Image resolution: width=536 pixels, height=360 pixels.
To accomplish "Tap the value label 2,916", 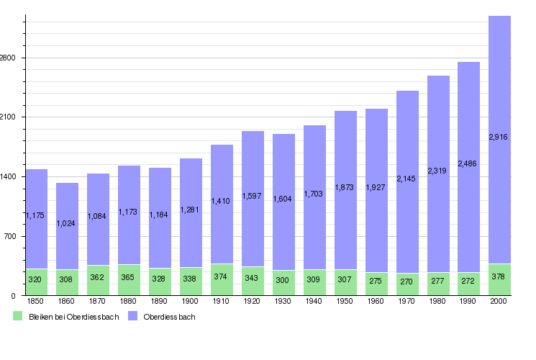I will [499, 137].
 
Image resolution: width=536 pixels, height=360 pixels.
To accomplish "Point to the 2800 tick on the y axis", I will [9, 58].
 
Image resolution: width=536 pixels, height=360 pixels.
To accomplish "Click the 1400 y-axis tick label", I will [9, 176].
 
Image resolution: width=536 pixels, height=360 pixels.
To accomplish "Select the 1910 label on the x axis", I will [222, 301].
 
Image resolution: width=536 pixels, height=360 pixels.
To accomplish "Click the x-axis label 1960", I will [376, 301].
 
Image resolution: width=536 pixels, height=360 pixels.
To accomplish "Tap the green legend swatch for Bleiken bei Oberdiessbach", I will [18, 316].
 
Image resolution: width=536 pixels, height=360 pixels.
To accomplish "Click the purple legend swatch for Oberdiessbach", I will [132, 316].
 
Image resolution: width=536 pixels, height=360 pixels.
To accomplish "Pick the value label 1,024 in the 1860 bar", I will [67, 222].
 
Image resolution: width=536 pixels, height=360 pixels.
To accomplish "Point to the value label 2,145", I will [407, 178].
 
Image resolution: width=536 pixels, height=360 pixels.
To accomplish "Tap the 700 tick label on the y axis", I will [11, 236].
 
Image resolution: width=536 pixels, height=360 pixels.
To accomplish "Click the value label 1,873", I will [345, 187].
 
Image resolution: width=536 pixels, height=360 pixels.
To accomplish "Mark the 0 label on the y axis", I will [14, 296].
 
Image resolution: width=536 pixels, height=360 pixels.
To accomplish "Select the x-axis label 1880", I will [129, 301].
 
